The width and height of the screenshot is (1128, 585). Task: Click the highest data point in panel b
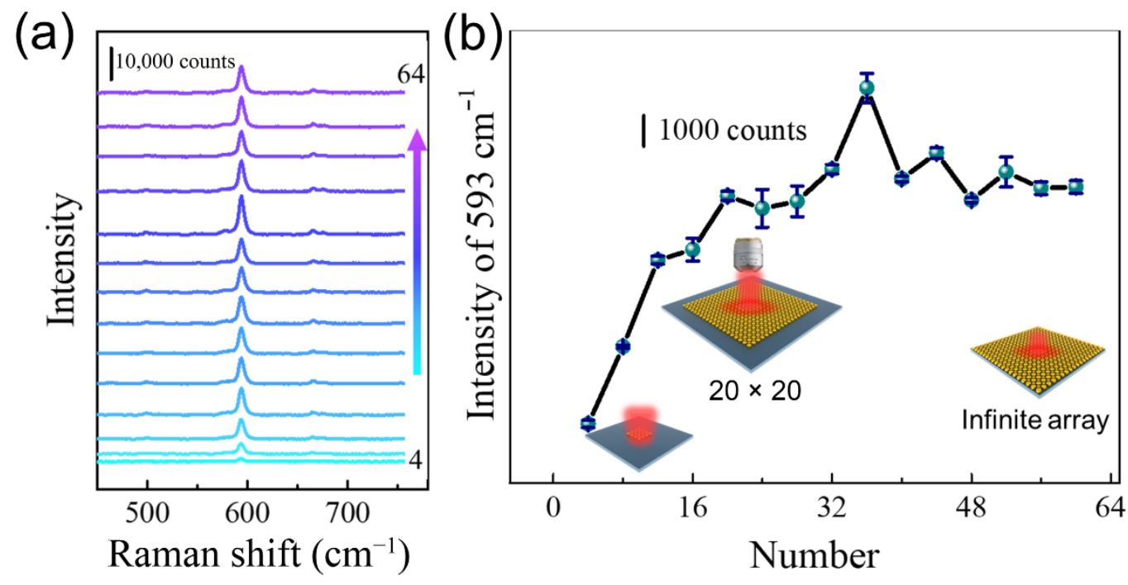click(867, 88)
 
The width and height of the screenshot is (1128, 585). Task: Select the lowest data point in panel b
click(588, 423)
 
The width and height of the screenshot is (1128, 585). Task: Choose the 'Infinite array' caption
click(1034, 420)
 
